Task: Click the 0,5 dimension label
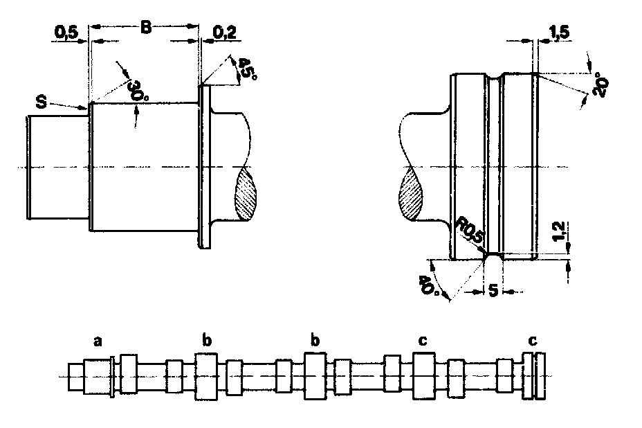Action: tap(66, 33)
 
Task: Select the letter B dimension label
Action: tap(146, 28)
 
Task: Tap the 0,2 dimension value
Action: tap(225, 33)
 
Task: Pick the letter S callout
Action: tap(42, 102)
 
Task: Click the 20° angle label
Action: tap(600, 85)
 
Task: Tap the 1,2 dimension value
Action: tap(558, 231)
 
